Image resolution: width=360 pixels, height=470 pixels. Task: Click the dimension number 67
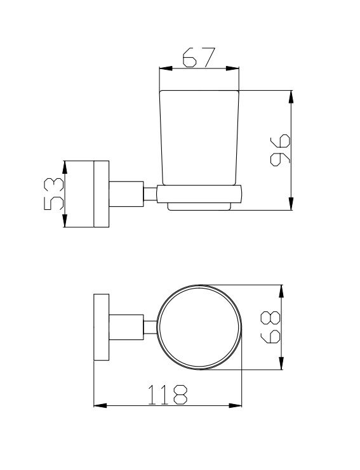click(x=199, y=57)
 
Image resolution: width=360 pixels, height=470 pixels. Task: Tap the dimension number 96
click(x=280, y=150)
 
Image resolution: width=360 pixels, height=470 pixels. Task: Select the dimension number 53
click(x=54, y=193)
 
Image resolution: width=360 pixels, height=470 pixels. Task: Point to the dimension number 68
click(x=270, y=327)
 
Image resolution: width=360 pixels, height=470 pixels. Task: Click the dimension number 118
click(x=168, y=395)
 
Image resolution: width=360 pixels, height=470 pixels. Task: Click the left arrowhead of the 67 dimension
click(x=166, y=69)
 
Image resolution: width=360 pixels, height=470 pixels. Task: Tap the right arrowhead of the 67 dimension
click(x=232, y=69)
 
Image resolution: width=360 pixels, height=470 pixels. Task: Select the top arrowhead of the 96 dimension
click(x=291, y=97)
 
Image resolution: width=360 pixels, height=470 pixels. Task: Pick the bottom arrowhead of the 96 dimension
click(x=291, y=204)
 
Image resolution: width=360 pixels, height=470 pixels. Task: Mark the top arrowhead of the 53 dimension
click(x=64, y=167)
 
